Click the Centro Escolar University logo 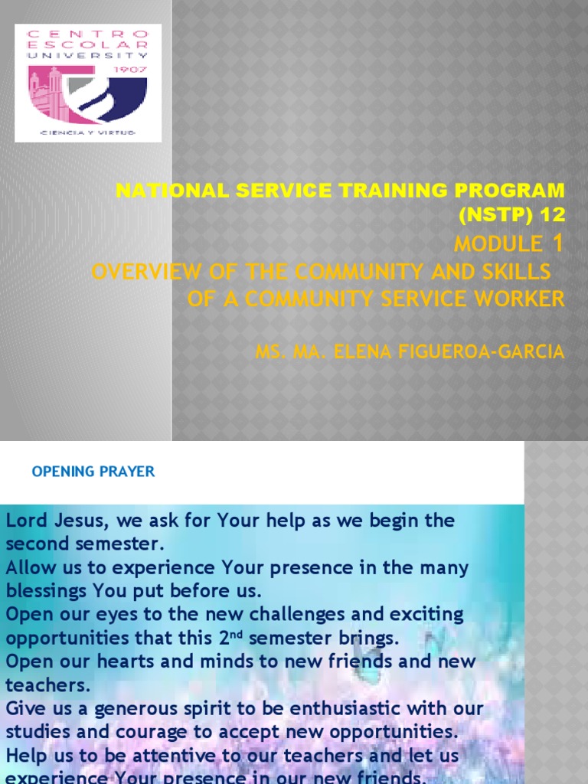(x=88, y=83)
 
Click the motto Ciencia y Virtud (x=88, y=132)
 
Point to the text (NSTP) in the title (x=492, y=216)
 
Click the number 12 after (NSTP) (x=548, y=216)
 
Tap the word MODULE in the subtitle (x=498, y=244)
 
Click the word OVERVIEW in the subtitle (x=144, y=271)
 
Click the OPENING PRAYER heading (x=93, y=472)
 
